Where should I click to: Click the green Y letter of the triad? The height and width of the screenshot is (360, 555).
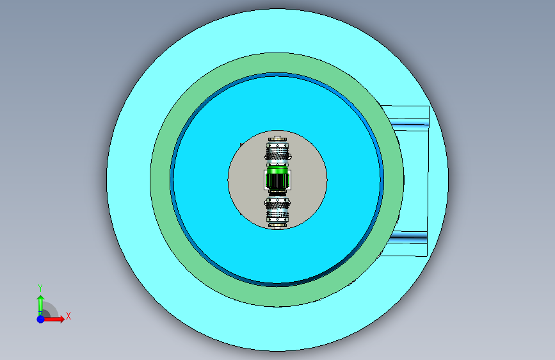(40, 288)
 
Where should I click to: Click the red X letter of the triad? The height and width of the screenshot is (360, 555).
(68, 316)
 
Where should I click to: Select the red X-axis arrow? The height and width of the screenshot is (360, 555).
(53, 319)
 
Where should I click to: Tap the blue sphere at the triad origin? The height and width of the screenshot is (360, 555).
(41, 319)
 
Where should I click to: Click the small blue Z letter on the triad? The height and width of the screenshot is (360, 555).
(40, 314)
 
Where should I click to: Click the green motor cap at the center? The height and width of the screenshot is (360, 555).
(277, 170)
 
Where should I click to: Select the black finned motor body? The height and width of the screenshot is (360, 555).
(277, 181)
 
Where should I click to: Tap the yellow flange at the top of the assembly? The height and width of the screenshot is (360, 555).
(278, 139)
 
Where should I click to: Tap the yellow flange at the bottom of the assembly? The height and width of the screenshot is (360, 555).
(278, 225)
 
